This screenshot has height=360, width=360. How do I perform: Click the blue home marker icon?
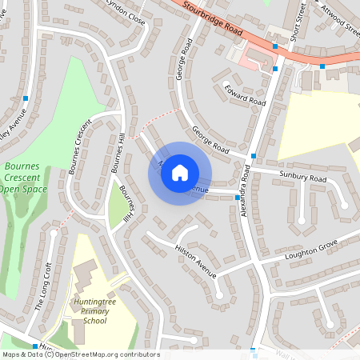coord(180,173)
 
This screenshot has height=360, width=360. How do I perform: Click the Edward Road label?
coord(245,95)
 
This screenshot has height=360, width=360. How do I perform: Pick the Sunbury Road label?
coord(303,176)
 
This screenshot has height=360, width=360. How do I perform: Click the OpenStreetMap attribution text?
coord(80,354)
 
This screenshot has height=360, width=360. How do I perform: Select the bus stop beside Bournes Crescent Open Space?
coord(26,98)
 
